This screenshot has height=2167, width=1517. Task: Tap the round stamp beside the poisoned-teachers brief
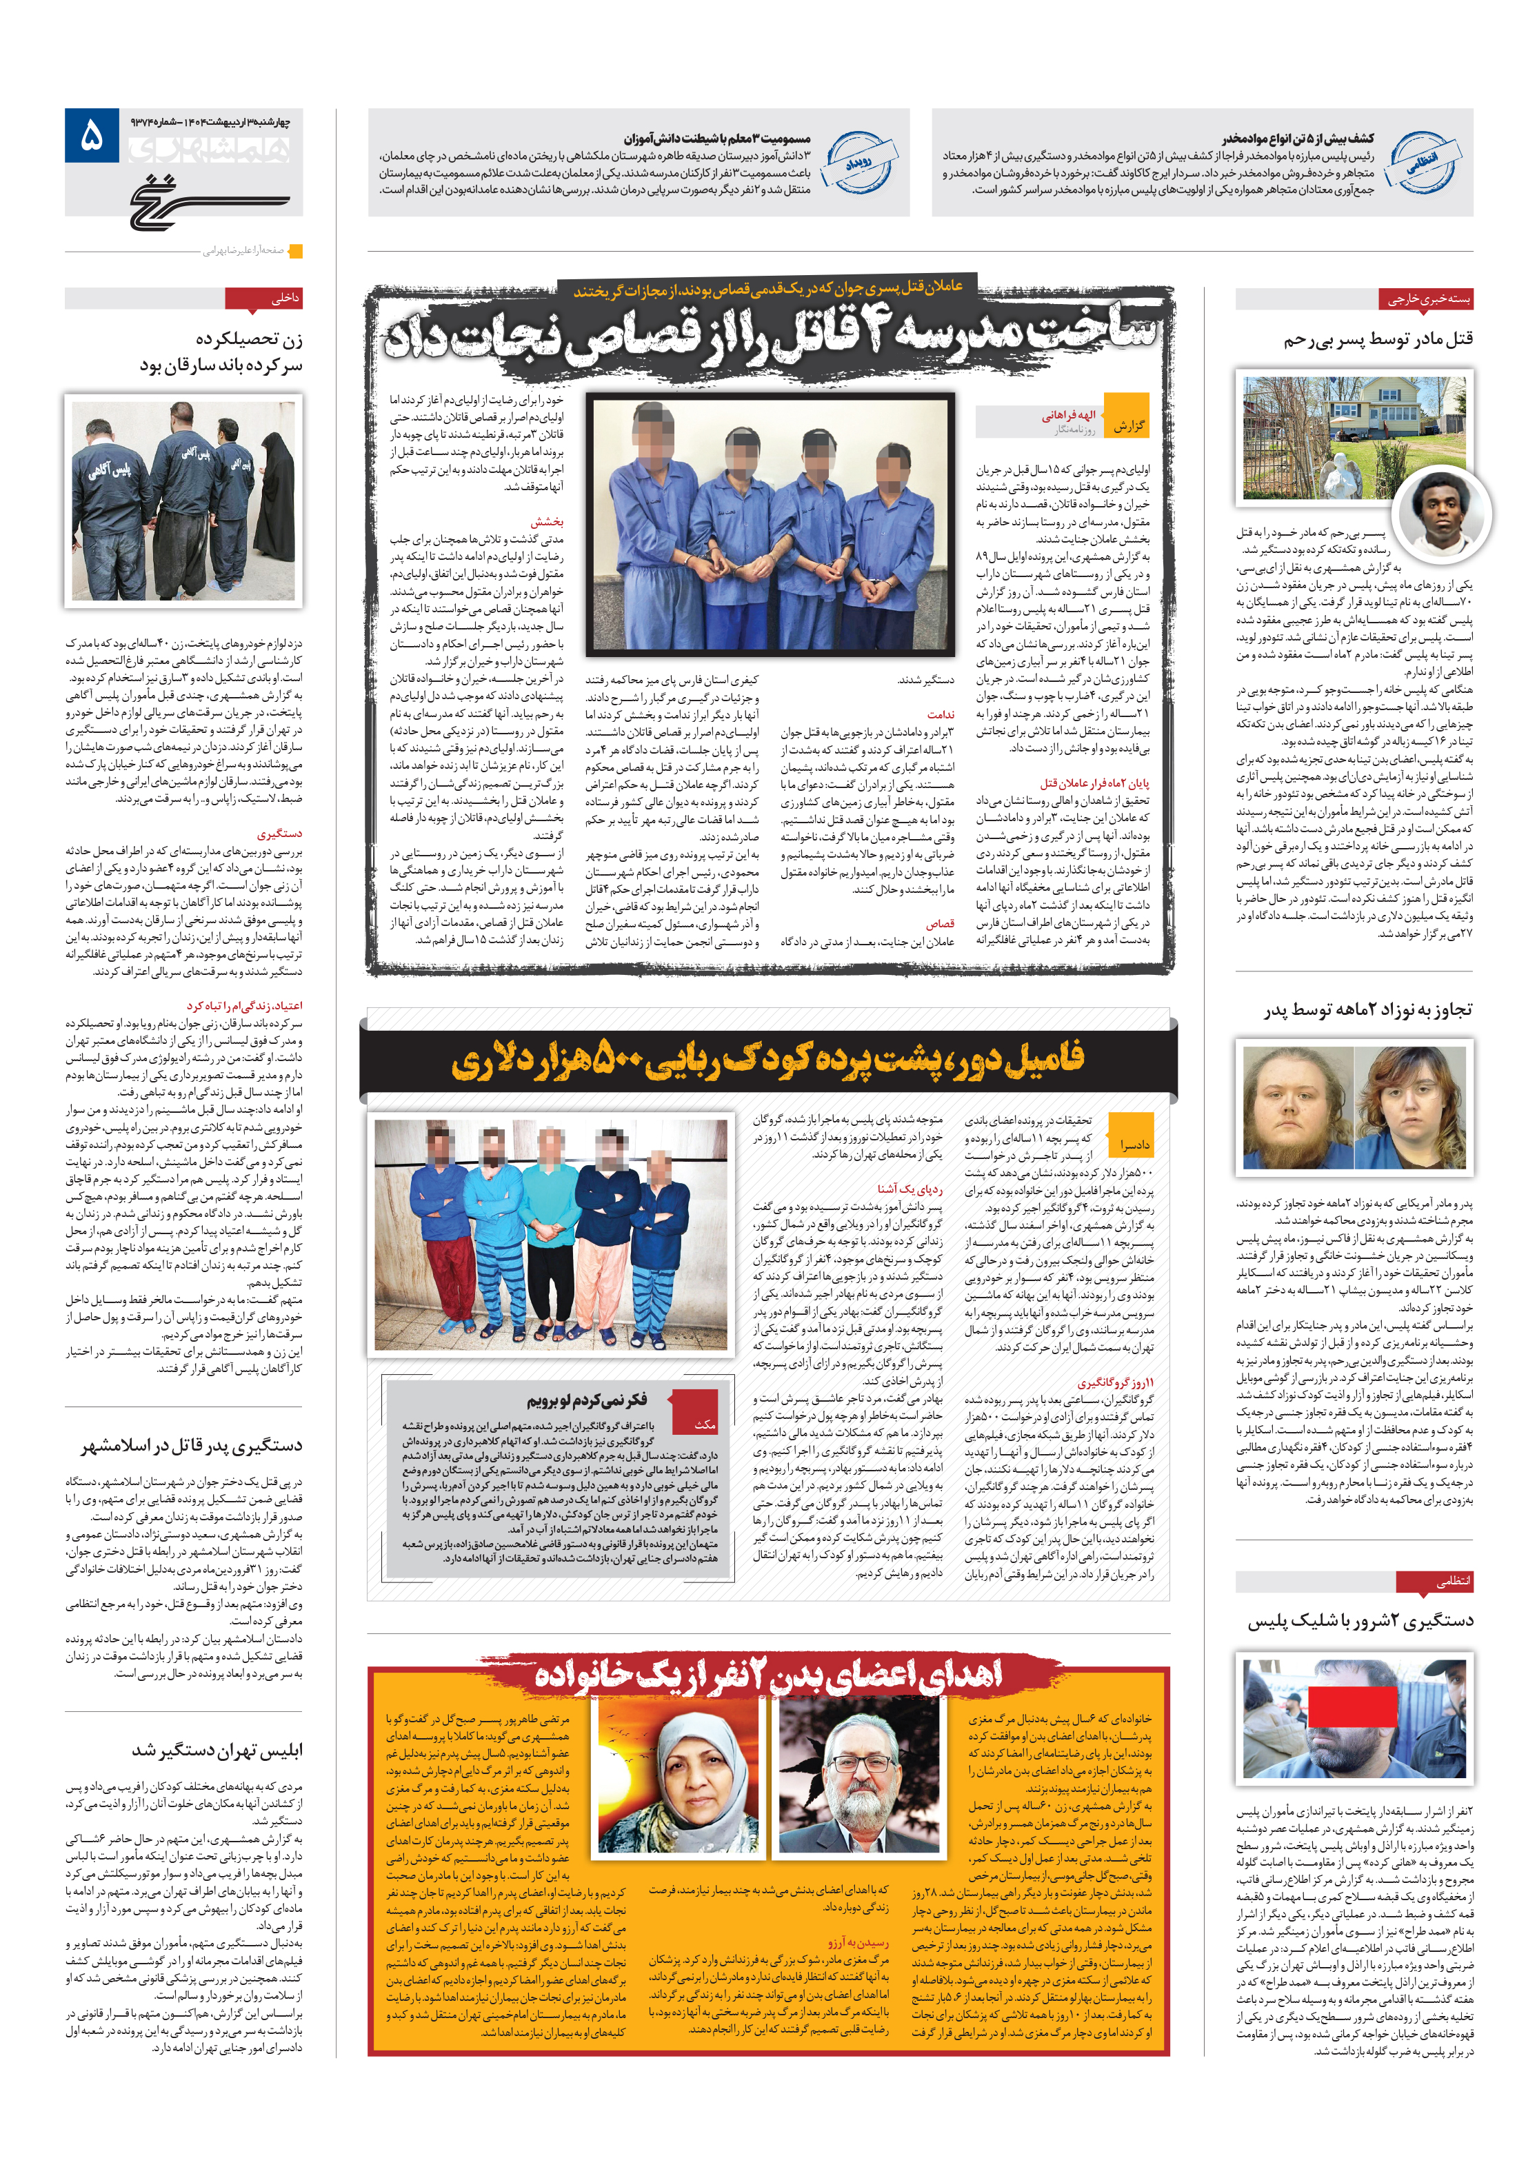point(857,161)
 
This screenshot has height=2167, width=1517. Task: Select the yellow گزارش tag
point(1127,425)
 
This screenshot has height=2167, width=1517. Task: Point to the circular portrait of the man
point(1441,514)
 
